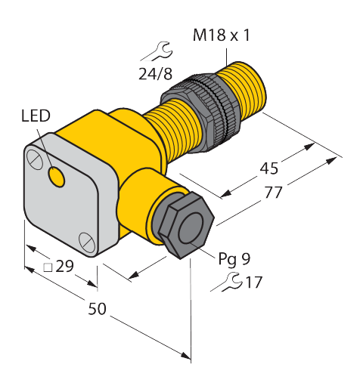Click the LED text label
36,116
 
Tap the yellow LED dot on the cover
57,177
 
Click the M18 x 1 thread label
221,35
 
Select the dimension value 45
268,168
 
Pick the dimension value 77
274,193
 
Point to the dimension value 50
97,309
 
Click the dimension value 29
64,266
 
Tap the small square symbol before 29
48,267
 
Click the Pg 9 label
234,259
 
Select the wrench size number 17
254,283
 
